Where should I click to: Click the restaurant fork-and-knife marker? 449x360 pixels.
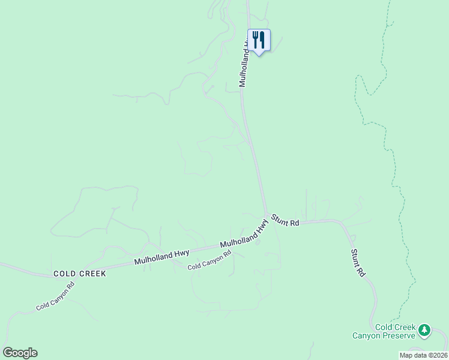259,41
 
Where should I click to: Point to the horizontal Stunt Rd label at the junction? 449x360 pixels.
285,220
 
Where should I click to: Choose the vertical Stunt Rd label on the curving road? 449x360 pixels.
358,262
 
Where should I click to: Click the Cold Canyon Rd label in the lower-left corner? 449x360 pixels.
55,297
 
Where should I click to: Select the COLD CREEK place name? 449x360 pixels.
79,274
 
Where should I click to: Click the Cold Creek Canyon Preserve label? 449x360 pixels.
395,331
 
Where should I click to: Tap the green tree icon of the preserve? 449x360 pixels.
424,329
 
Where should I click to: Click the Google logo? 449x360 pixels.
20,353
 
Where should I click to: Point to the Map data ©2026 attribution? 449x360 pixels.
423,355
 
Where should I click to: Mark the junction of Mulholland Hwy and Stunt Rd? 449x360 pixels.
267,216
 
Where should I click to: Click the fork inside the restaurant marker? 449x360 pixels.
255,40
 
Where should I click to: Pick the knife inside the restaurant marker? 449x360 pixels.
262,40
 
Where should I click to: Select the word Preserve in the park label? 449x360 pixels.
400,335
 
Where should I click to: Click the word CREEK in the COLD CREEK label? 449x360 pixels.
91,274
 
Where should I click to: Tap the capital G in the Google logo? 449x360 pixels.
8,352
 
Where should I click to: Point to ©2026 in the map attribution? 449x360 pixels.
436,355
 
